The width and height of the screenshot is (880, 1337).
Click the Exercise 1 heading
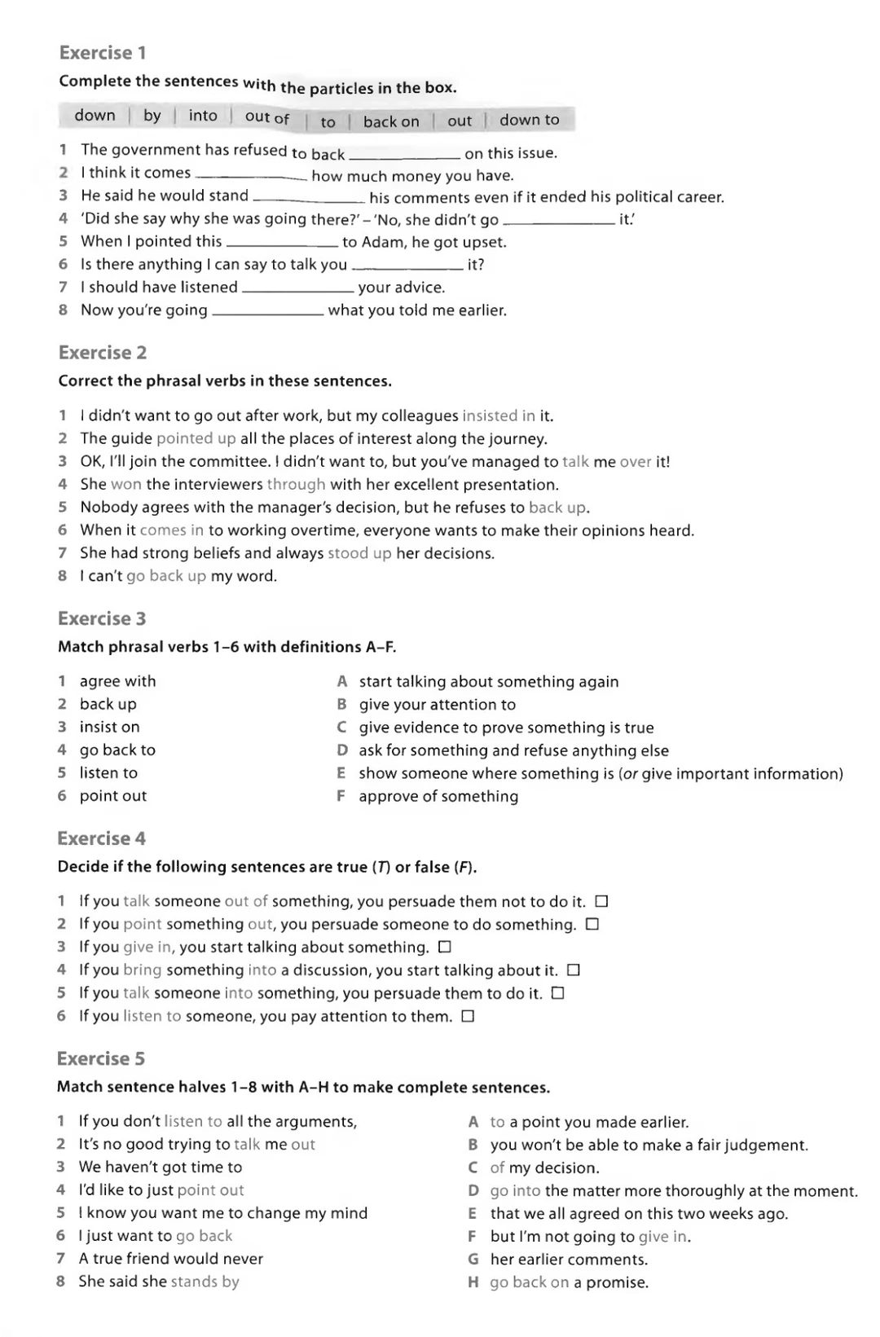pos(103,53)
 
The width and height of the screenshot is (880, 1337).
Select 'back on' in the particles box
pos(391,121)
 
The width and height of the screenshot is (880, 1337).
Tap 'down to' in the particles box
pos(530,120)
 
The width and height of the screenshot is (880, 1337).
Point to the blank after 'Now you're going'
pos(267,313)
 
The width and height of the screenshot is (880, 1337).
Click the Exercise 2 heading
pos(103,353)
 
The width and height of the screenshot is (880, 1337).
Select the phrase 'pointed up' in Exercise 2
pos(196,438)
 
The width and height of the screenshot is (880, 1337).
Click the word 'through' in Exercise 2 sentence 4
pos(296,485)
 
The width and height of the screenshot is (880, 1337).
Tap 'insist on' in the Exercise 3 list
pos(109,727)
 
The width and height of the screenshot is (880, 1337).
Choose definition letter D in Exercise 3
pos(342,750)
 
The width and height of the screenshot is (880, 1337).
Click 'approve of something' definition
pos(438,796)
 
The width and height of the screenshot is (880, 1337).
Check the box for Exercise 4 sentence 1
pos(601,902)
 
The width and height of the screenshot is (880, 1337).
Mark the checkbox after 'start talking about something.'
pos(445,948)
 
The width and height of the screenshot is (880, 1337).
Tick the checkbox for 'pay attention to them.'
pos(468,1016)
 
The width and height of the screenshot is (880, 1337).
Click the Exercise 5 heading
pos(101,1058)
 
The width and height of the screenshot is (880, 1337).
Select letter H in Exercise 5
pos(473,1282)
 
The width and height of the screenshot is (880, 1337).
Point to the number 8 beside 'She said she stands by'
pos(61,1282)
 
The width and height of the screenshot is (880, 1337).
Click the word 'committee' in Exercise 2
pos(230,462)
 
